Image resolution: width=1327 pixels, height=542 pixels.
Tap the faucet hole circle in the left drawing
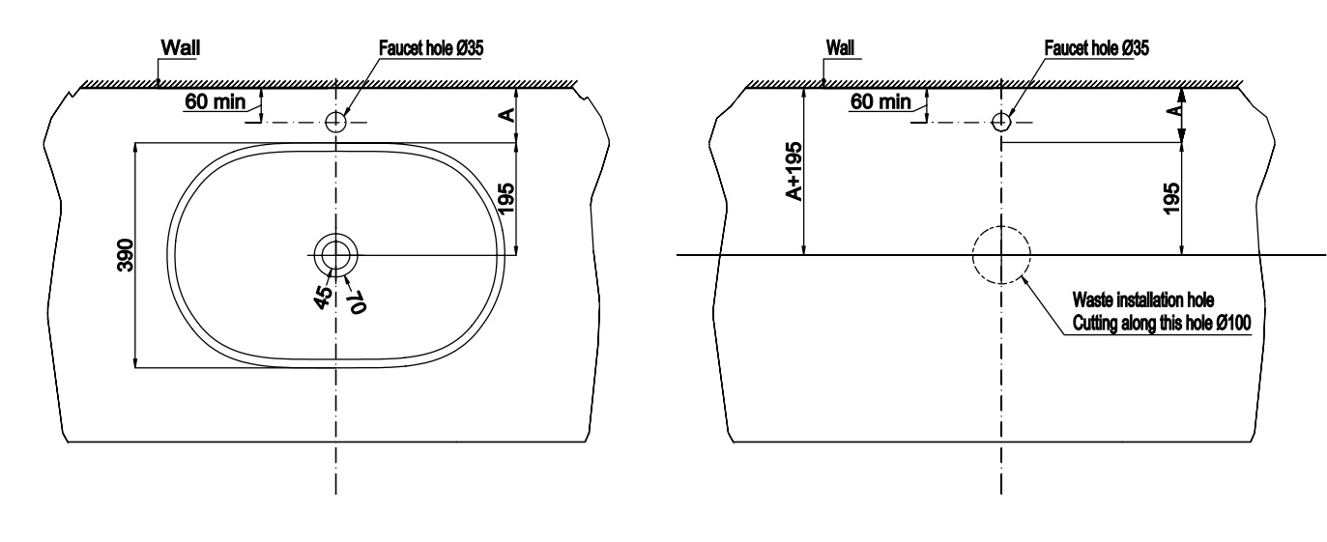[335, 122]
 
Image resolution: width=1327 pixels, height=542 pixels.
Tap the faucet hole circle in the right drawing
[1001, 122]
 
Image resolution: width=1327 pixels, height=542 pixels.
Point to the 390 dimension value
[125, 254]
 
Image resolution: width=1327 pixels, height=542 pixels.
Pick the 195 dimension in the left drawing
[505, 198]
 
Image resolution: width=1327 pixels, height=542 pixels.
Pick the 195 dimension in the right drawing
[1172, 198]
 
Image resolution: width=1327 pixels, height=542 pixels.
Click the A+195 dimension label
[792, 174]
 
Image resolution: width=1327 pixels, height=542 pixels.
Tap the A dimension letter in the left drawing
[505, 114]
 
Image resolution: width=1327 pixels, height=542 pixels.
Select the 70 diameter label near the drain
[355, 300]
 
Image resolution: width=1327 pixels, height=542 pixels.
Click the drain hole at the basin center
[335, 254]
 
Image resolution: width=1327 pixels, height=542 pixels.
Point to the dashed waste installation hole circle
[1001, 255]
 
